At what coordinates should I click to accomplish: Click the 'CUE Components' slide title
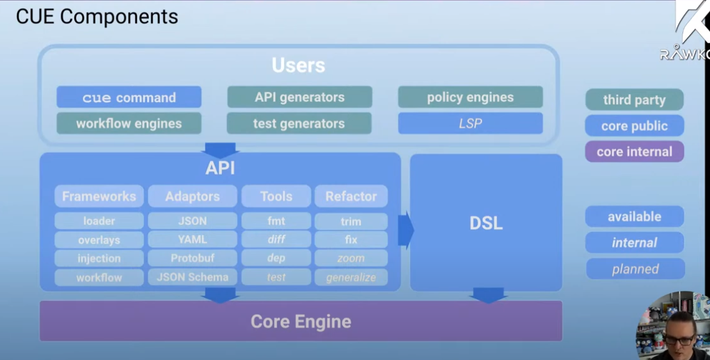(97, 17)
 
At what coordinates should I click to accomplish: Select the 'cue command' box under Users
(129, 97)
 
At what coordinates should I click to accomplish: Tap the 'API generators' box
(299, 97)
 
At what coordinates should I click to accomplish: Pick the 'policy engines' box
(470, 97)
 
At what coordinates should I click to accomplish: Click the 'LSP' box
(470, 123)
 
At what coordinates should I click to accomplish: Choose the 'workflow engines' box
(129, 123)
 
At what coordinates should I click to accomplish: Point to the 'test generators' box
(299, 123)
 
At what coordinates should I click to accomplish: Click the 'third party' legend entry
(634, 100)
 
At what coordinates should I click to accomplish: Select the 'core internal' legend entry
(634, 152)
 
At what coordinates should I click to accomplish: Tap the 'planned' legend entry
(635, 269)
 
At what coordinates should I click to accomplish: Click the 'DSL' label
(486, 223)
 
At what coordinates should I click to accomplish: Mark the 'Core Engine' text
(301, 321)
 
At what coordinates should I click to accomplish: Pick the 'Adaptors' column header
(193, 196)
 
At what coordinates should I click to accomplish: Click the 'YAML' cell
(193, 240)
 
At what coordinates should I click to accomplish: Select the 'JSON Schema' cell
(193, 277)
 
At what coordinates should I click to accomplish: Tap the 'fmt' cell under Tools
(276, 221)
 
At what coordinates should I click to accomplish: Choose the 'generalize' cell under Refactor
(351, 278)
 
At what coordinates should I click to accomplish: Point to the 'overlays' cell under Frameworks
(99, 240)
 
